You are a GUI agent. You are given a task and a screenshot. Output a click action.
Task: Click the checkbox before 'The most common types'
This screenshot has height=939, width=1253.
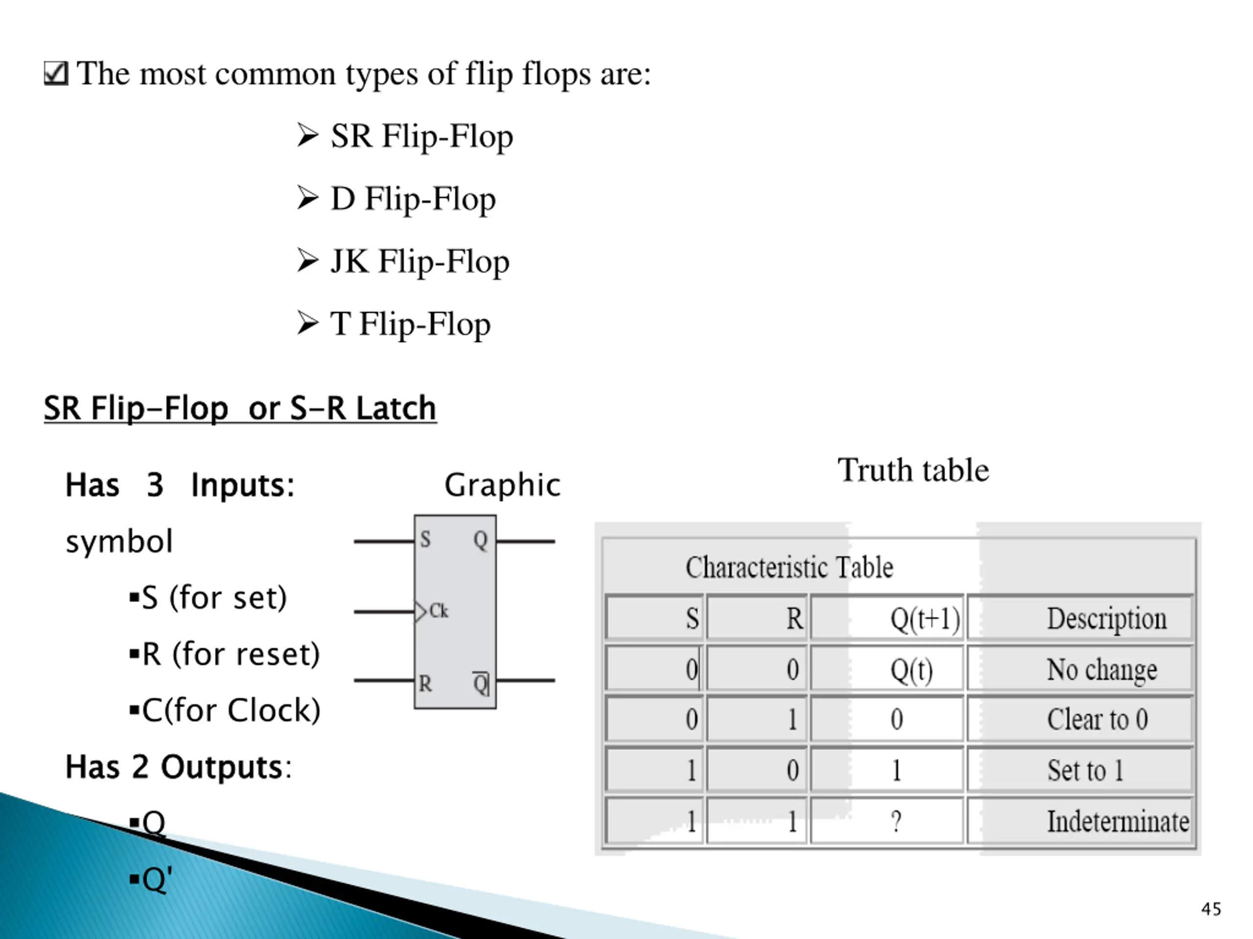click(56, 73)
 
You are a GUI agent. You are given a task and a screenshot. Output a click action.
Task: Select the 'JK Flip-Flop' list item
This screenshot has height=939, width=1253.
click(419, 262)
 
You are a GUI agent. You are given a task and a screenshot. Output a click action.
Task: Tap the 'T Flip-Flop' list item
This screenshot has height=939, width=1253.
click(410, 324)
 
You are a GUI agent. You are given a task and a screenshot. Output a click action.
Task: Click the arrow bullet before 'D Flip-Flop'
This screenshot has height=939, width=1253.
click(307, 199)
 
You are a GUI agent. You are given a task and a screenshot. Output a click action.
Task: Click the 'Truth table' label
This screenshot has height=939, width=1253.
click(913, 470)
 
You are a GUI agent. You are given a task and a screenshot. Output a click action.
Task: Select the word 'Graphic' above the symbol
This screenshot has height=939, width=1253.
click(502, 485)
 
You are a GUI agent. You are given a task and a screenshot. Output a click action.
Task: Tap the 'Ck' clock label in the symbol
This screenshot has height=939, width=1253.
click(439, 611)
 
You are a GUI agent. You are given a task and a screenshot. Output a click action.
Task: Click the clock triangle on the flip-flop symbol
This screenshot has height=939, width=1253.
click(420, 612)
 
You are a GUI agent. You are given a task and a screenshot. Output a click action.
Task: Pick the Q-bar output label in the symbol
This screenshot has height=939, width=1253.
click(480, 684)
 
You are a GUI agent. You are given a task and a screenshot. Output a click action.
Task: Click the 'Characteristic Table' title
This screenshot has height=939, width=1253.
click(789, 567)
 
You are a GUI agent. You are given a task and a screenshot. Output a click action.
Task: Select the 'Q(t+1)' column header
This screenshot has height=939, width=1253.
click(925, 619)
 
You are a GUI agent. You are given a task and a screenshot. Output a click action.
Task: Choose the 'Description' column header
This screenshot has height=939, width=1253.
click(1106, 619)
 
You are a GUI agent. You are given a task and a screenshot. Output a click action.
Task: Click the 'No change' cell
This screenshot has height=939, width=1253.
click(1101, 670)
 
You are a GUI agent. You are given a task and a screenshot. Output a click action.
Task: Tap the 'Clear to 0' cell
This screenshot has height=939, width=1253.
click(1097, 720)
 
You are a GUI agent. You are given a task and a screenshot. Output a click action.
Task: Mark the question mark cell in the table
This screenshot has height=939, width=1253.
click(896, 821)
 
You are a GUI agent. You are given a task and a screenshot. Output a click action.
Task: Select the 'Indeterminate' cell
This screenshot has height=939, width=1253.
click(1117, 821)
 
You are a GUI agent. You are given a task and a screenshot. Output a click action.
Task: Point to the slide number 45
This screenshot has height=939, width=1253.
click(1210, 909)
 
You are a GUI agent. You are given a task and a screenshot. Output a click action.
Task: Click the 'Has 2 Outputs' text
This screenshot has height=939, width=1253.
click(178, 767)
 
